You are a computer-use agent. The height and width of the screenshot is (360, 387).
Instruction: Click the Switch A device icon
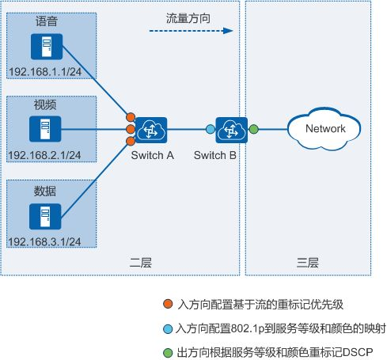pyautogui.click(x=151, y=130)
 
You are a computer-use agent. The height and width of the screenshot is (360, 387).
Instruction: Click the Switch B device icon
pyautogui.click(x=231, y=130)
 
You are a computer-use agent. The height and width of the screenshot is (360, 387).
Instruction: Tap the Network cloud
pyautogui.click(x=324, y=129)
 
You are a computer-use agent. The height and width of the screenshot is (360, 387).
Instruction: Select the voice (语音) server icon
pyautogui.click(x=47, y=47)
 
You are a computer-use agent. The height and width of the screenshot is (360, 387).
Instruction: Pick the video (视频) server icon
pyautogui.click(x=45, y=129)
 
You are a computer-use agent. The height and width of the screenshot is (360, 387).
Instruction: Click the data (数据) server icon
pyautogui.click(x=45, y=216)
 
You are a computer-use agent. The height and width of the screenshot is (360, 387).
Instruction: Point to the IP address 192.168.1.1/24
pyautogui.click(x=45, y=72)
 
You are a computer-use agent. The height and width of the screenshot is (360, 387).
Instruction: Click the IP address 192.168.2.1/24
pyautogui.click(x=44, y=155)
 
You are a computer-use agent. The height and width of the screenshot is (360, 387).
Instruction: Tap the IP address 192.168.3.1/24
pyautogui.click(x=44, y=242)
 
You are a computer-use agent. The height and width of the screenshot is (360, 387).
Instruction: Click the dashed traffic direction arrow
pyautogui.click(x=192, y=31)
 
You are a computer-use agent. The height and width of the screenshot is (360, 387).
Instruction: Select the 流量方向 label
pyautogui.click(x=188, y=18)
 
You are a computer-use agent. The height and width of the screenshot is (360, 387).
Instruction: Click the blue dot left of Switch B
pyautogui.click(x=211, y=129)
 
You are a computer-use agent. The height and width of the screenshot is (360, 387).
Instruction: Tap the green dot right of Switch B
pyautogui.click(x=253, y=129)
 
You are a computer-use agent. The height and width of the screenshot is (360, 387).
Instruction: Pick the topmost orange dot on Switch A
pyautogui.click(x=131, y=117)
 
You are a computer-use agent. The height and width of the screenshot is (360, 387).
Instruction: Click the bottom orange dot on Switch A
pyautogui.click(x=131, y=141)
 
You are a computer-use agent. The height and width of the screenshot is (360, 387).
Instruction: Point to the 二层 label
pyautogui.click(x=141, y=263)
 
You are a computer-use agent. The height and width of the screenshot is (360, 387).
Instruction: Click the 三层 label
pyautogui.click(x=308, y=263)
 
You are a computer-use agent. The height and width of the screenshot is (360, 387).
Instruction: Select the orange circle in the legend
pyautogui.click(x=168, y=304)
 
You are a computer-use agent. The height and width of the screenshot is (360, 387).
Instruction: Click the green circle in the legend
pyautogui.click(x=168, y=353)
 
